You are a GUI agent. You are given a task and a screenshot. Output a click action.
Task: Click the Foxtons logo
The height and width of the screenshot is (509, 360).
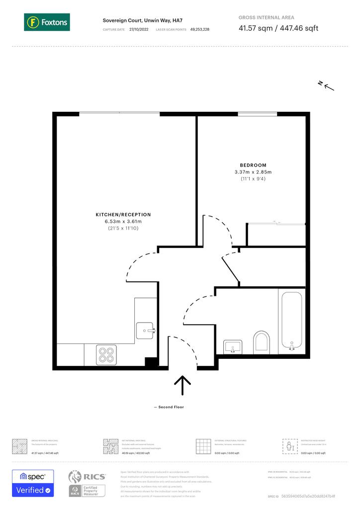(x=46, y=22)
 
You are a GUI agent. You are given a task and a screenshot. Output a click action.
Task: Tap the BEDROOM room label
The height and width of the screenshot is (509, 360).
(x=253, y=165)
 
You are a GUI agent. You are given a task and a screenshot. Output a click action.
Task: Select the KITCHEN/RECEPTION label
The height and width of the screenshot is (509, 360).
(x=123, y=215)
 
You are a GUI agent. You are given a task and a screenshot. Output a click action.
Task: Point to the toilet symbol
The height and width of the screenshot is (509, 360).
(x=261, y=342)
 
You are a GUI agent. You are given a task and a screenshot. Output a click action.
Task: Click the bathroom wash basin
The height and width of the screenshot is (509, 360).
(x=233, y=345)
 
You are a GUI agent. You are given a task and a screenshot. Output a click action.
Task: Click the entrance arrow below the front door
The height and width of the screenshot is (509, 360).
(x=183, y=386)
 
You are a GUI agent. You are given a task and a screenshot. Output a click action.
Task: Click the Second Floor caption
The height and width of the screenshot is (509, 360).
(x=170, y=407)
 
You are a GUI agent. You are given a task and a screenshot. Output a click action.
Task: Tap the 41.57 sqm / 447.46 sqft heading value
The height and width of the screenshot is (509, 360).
(x=278, y=28)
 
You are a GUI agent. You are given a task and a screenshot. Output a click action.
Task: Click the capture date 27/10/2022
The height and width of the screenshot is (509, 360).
(x=139, y=30)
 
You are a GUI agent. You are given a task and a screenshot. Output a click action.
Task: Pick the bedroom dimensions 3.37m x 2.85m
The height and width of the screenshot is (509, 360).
(x=253, y=172)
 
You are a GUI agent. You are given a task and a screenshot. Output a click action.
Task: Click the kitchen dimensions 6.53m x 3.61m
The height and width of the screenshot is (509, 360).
(x=123, y=222)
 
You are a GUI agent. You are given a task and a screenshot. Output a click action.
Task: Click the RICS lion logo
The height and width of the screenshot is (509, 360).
(x=75, y=477)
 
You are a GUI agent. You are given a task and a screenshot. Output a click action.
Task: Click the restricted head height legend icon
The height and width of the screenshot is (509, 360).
(x=289, y=446)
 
